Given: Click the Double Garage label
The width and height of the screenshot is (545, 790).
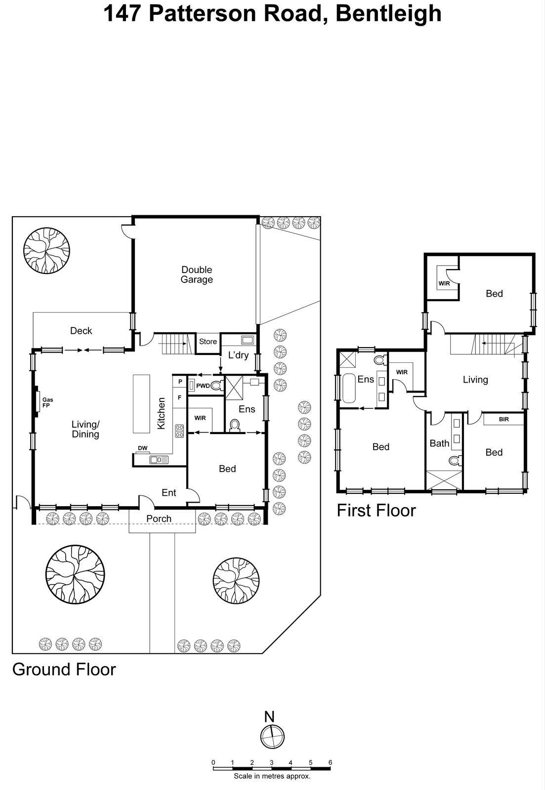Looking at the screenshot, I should (197, 275).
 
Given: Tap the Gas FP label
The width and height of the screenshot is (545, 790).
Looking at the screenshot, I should (47, 402).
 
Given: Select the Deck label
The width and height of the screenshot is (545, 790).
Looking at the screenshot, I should (81, 331).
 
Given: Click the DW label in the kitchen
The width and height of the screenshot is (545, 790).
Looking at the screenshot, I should (142, 448).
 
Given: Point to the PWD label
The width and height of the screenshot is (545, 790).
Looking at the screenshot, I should (203, 386).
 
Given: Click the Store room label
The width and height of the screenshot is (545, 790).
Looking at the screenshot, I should (208, 342).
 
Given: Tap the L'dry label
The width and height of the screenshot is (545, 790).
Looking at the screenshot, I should (238, 355).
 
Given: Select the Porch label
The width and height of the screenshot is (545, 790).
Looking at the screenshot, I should (159, 518).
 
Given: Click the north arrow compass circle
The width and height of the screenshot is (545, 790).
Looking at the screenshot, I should (273, 737).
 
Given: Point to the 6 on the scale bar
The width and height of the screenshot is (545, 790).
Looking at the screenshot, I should (330, 763).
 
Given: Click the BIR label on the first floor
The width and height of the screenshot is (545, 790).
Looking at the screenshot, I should (503, 419).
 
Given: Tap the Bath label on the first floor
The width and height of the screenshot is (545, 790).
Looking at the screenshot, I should (439, 443).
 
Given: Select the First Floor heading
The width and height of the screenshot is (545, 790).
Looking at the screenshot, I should (376, 510).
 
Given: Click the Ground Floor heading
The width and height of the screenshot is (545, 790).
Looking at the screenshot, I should (64, 670).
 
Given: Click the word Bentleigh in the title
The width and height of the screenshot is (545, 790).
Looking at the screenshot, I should (388, 13).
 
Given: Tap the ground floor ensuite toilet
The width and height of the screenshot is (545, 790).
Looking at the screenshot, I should (235, 426).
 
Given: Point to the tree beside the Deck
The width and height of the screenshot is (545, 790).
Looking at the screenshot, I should (46, 250).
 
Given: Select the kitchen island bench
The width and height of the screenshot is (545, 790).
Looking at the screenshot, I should (141, 403).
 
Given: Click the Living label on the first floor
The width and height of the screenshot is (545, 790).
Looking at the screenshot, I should (475, 380).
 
